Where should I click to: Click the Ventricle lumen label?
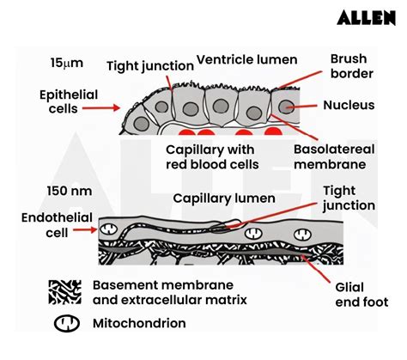point(247,59)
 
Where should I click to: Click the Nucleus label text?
point(350,107)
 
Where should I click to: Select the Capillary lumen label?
point(224,198)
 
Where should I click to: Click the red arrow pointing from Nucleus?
point(307,107)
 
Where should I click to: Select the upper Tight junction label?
point(145,66)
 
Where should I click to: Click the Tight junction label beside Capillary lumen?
point(349,198)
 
